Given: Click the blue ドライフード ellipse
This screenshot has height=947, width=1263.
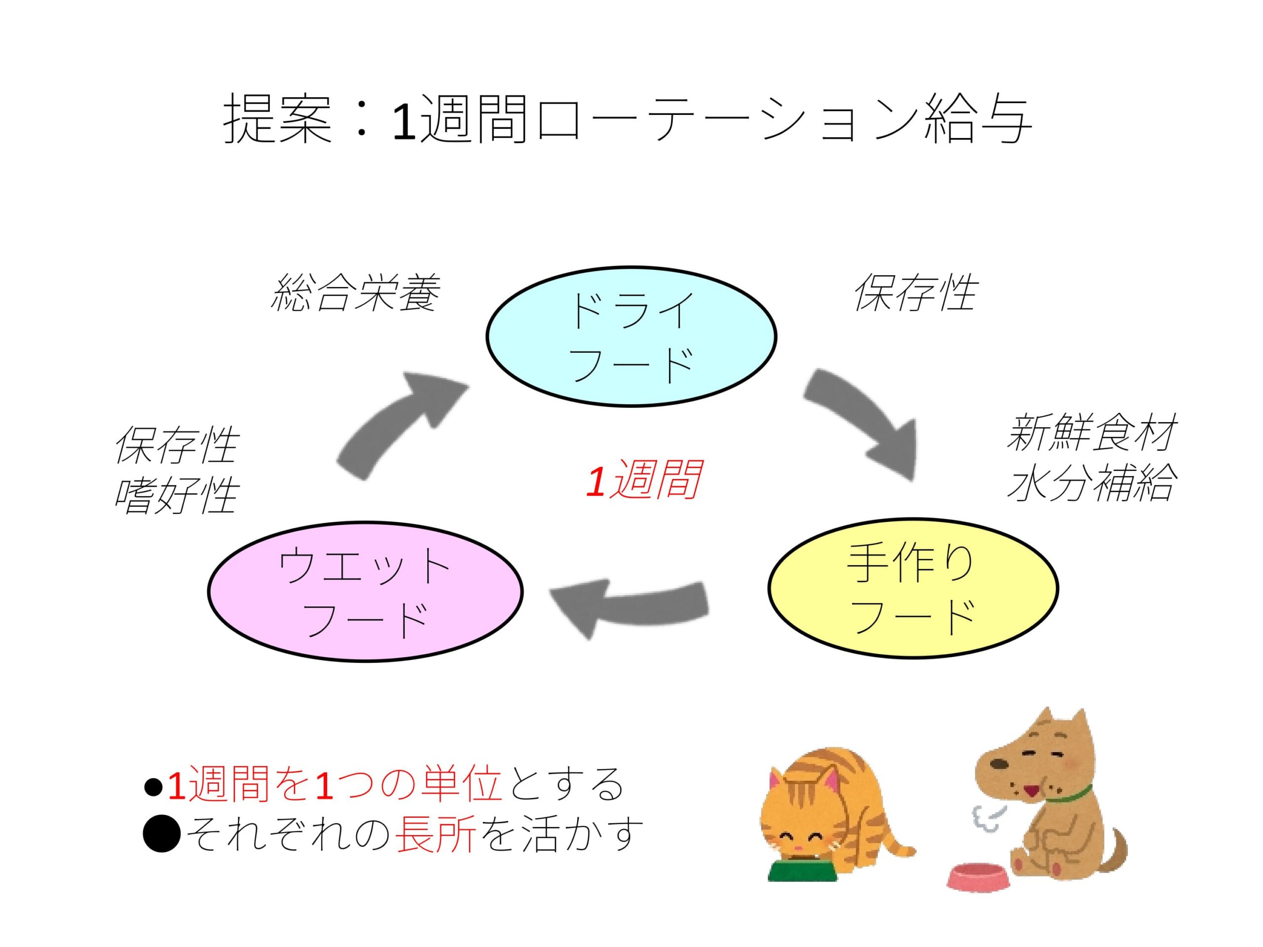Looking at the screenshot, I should tap(631, 336).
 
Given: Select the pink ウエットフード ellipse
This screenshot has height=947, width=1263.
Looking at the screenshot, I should tap(365, 590).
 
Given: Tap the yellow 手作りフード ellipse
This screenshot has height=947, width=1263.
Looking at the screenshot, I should tap(912, 588).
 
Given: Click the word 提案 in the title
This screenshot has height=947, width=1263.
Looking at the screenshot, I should tap(278, 120).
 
